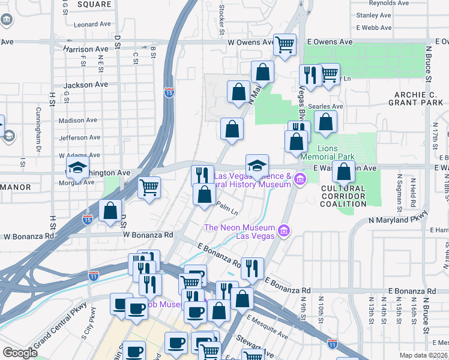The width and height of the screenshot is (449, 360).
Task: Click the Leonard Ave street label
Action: click(93, 25)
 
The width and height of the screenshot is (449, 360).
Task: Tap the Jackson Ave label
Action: click(86, 85)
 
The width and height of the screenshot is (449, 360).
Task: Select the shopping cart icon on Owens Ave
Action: click(285, 44)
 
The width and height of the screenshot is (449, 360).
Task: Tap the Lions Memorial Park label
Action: click(336, 152)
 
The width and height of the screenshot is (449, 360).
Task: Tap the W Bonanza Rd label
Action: click(148, 235)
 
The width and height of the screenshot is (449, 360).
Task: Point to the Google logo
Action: click(20, 353)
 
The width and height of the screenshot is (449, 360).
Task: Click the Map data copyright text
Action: click(424, 355)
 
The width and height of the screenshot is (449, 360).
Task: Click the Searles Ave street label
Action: click(325, 106)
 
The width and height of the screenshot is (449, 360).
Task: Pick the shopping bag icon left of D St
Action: click(110, 211)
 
